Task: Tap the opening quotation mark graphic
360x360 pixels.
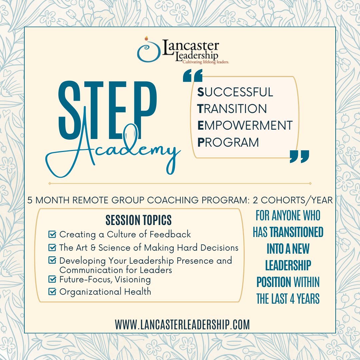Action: point(193,75)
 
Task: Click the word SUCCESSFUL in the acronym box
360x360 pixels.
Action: point(235,92)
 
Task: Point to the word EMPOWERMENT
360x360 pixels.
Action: point(245,125)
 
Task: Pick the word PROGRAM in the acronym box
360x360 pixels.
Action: point(228,142)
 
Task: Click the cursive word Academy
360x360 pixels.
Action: point(113,149)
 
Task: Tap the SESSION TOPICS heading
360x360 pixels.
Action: point(138,220)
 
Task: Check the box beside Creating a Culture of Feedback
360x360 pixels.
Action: point(52,234)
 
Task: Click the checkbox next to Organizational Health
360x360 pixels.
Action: point(52,292)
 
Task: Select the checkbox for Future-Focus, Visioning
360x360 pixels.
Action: point(52,279)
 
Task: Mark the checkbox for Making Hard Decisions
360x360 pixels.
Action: point(52,247)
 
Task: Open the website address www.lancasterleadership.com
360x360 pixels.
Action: point(182,324)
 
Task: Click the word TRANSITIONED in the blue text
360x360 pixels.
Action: point(296,232)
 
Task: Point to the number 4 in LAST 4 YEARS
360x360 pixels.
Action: point(292,299)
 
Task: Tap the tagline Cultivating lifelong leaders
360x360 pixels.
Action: point(206,62)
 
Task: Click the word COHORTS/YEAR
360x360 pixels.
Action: point(297,200)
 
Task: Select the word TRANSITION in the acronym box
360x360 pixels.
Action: point(232,109)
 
